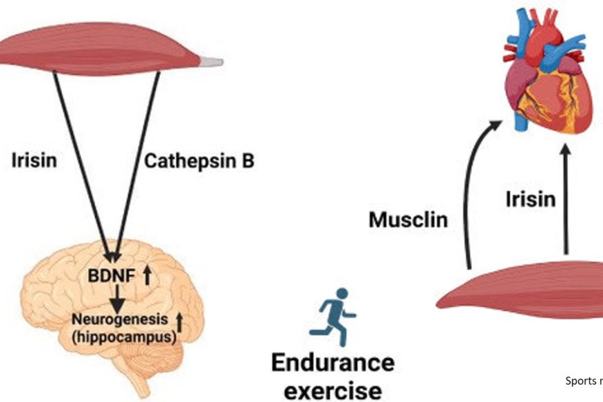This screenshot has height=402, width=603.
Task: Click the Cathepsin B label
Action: [x=199, y=162]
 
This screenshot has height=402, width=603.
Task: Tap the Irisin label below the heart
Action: [x=530, y=200]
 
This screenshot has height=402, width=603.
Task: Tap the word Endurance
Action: [x=332, y=362]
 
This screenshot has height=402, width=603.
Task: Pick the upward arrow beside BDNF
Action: [x=147, y=276]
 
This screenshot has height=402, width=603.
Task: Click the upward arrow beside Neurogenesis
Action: [x=180, y=320]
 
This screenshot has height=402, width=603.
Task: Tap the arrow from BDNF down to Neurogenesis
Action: [x=119, y=298]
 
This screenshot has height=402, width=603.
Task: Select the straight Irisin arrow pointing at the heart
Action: [x=566, y=201]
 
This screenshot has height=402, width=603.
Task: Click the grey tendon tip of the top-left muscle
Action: [x=213, y=62]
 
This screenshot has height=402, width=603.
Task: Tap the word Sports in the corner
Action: [x=579, y=381]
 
